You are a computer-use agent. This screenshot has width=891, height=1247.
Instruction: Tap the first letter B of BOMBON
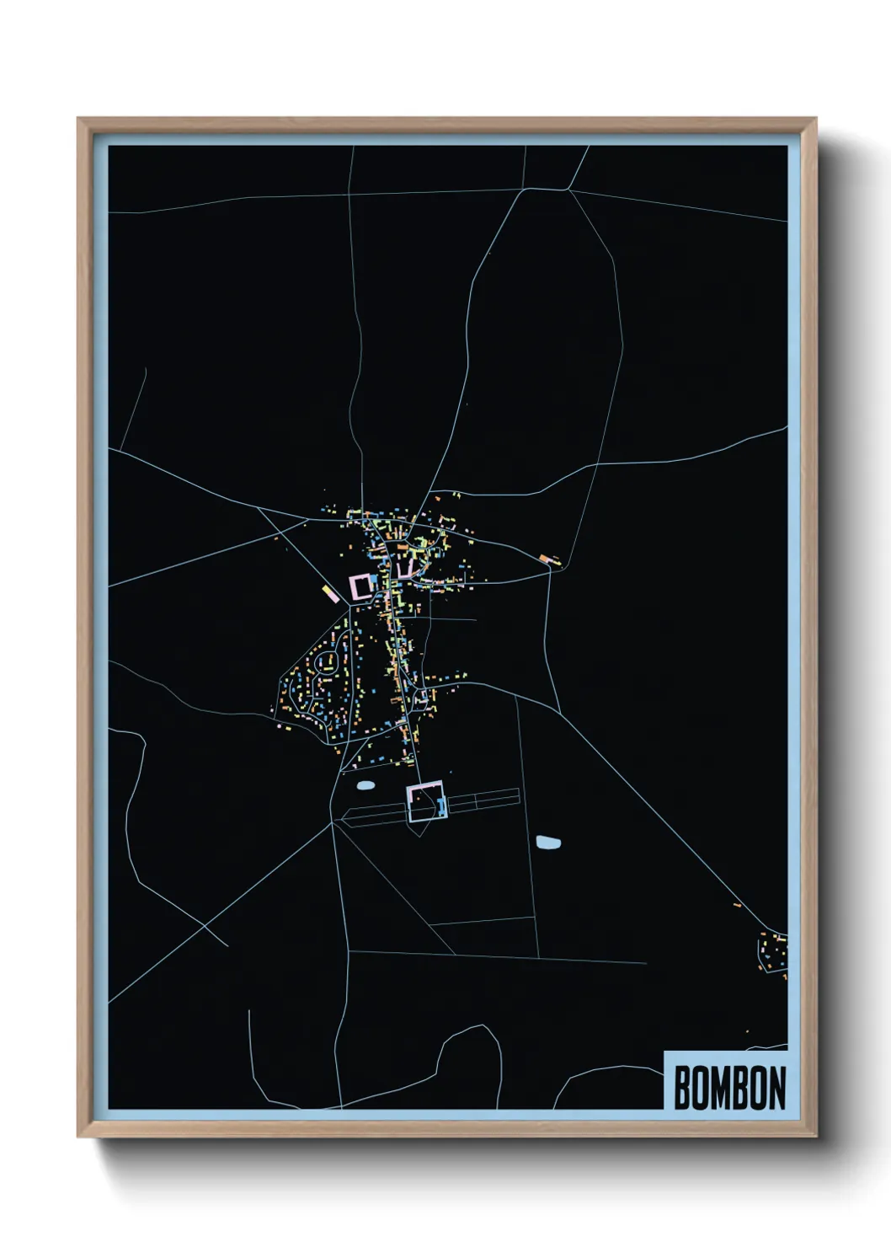click(682, 1088)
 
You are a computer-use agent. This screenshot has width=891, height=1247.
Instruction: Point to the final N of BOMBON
click(776, 1088)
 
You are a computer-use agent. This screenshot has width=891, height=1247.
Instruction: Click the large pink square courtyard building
click(360, 586)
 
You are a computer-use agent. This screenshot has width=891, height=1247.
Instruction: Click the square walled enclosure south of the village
click(425, 801)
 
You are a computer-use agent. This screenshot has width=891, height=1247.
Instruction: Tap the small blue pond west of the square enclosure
click(365, 785)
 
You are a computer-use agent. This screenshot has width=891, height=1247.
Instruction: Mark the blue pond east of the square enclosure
click(548, 842)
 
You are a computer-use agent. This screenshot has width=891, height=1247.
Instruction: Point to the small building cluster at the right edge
click(773, 952)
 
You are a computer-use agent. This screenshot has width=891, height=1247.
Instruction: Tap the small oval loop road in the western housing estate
click(324, 662)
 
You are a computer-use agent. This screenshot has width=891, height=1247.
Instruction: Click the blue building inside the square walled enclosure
click(439, 806)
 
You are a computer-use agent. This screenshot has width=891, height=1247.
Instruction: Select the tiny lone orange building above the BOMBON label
click(746, 1031)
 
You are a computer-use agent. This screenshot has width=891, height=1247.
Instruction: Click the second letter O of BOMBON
click(758, 1088)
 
